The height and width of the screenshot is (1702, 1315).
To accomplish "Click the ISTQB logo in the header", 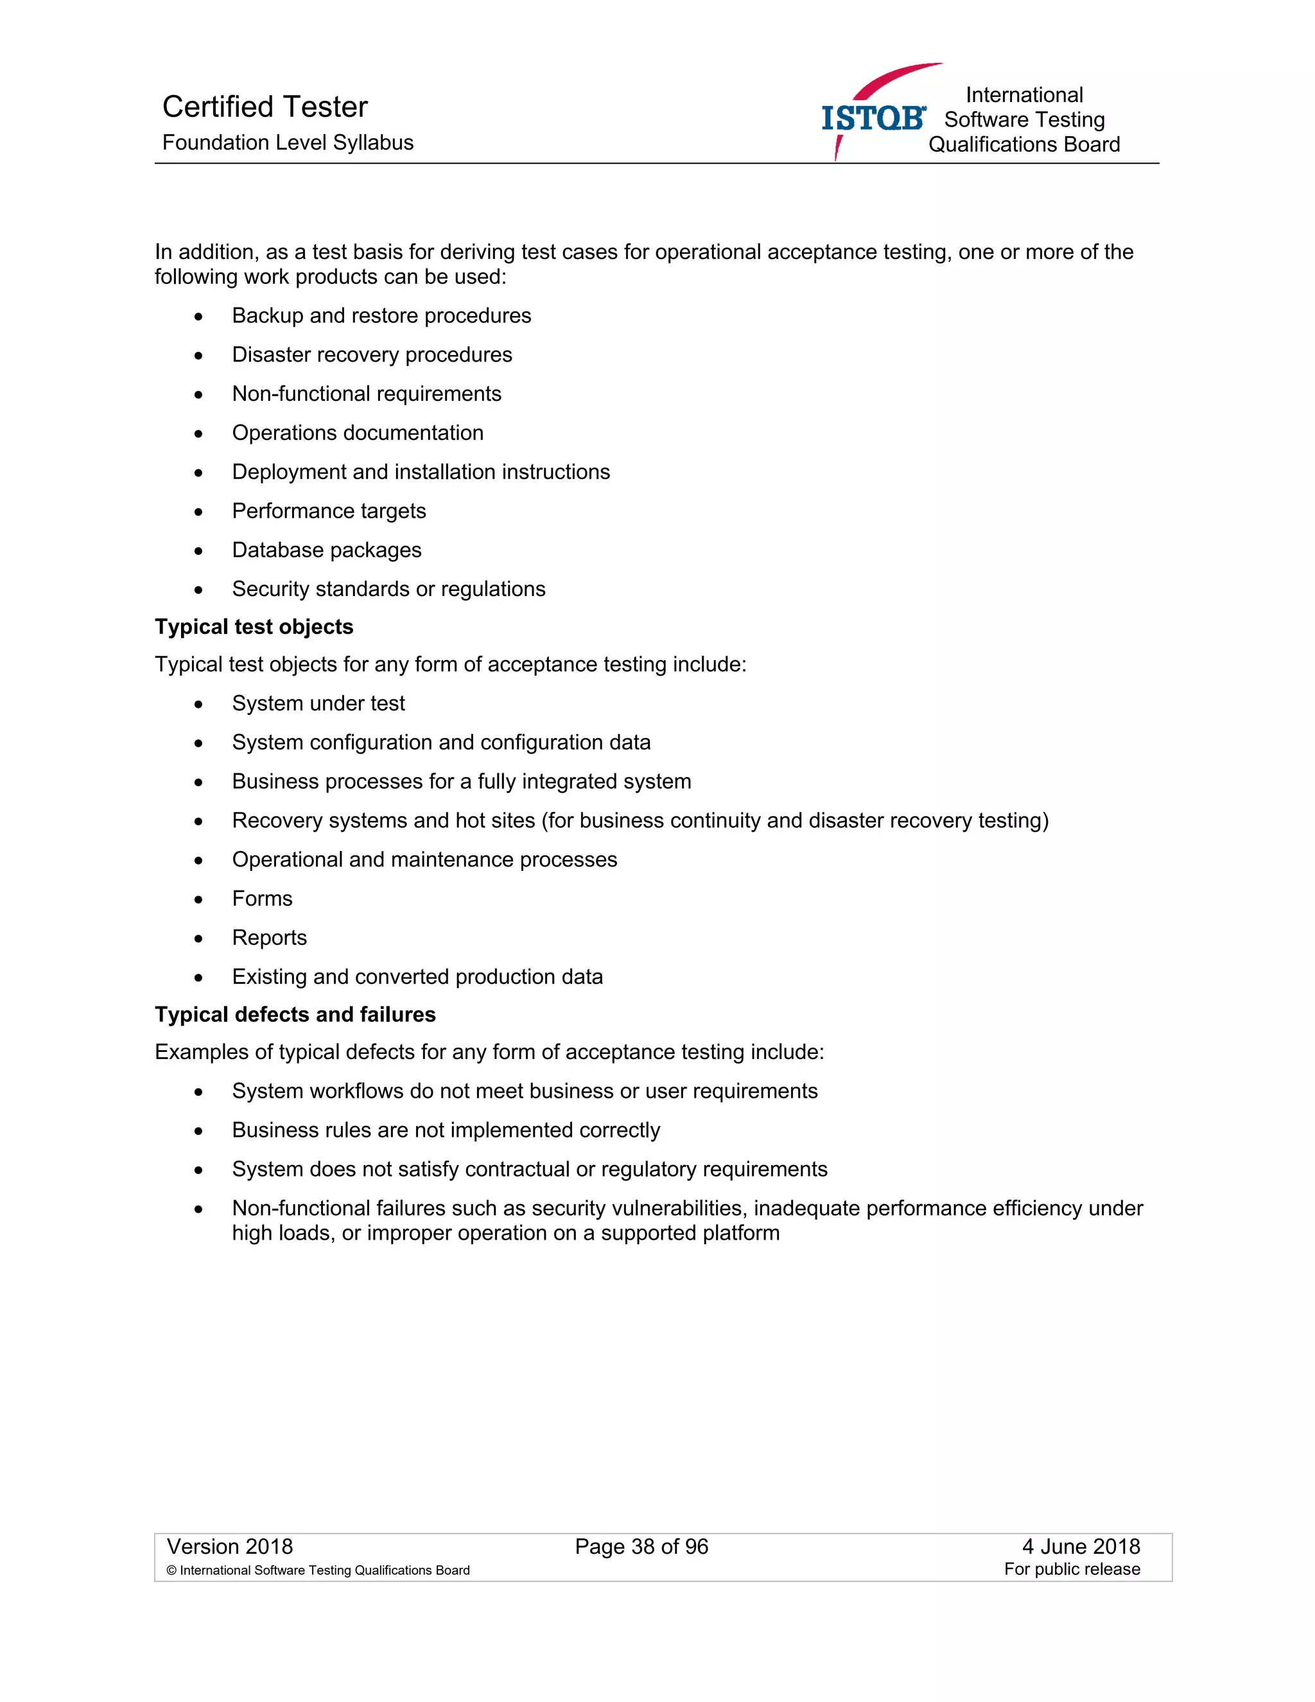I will click(x=873, y=118).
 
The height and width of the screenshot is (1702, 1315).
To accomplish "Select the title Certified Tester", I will click(x=265, y=107).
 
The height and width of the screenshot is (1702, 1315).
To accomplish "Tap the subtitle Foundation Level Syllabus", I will click(x=288, y=143).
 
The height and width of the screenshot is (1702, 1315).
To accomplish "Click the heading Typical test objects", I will click(x=254, y=627).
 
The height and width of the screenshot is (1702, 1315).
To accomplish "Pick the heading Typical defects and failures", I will click(x=295, y=1014).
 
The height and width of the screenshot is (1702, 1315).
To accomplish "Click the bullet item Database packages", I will click(x=326, y=550).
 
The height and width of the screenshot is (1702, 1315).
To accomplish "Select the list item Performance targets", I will click(x=329, y=511).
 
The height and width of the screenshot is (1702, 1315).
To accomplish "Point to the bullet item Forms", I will click(x=262, y=899).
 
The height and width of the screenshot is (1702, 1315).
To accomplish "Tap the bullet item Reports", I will click(x=270, y=938).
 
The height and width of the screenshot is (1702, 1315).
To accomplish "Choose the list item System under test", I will click(x=318, y=704).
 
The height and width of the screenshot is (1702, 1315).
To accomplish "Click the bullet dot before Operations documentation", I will click(x=198, y=434).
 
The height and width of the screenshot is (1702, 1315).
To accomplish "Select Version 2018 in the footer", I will click(x=230, y=1547).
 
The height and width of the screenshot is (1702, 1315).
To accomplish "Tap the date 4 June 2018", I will click(x=1081, y=1547).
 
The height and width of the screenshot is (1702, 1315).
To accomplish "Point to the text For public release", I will click(x=1072, y=1570).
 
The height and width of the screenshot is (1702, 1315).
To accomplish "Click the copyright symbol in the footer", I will click(x=171, y=1571).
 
